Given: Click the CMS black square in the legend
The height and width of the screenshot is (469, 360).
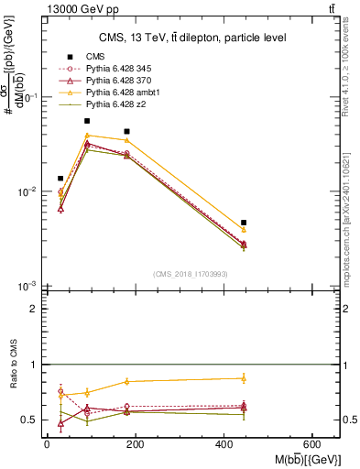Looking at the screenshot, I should [69, 57].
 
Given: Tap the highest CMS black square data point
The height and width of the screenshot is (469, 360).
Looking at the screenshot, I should [87, 121].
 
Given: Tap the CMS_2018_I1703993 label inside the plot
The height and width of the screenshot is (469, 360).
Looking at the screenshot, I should [191, 274].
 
